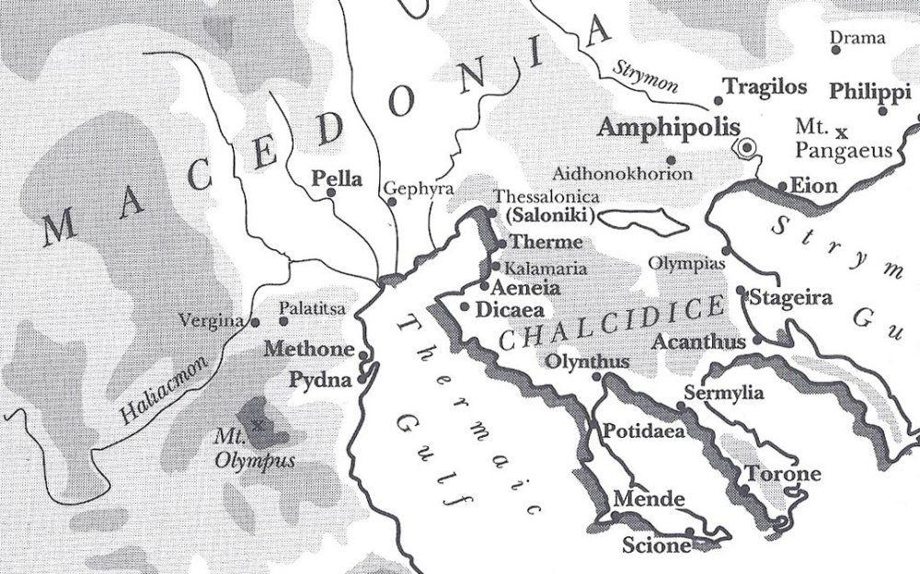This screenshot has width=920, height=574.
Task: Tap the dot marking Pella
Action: (331, 193)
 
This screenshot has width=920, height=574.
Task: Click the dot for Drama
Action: (835, 50)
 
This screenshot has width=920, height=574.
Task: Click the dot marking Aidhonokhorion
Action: (672, 160)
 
